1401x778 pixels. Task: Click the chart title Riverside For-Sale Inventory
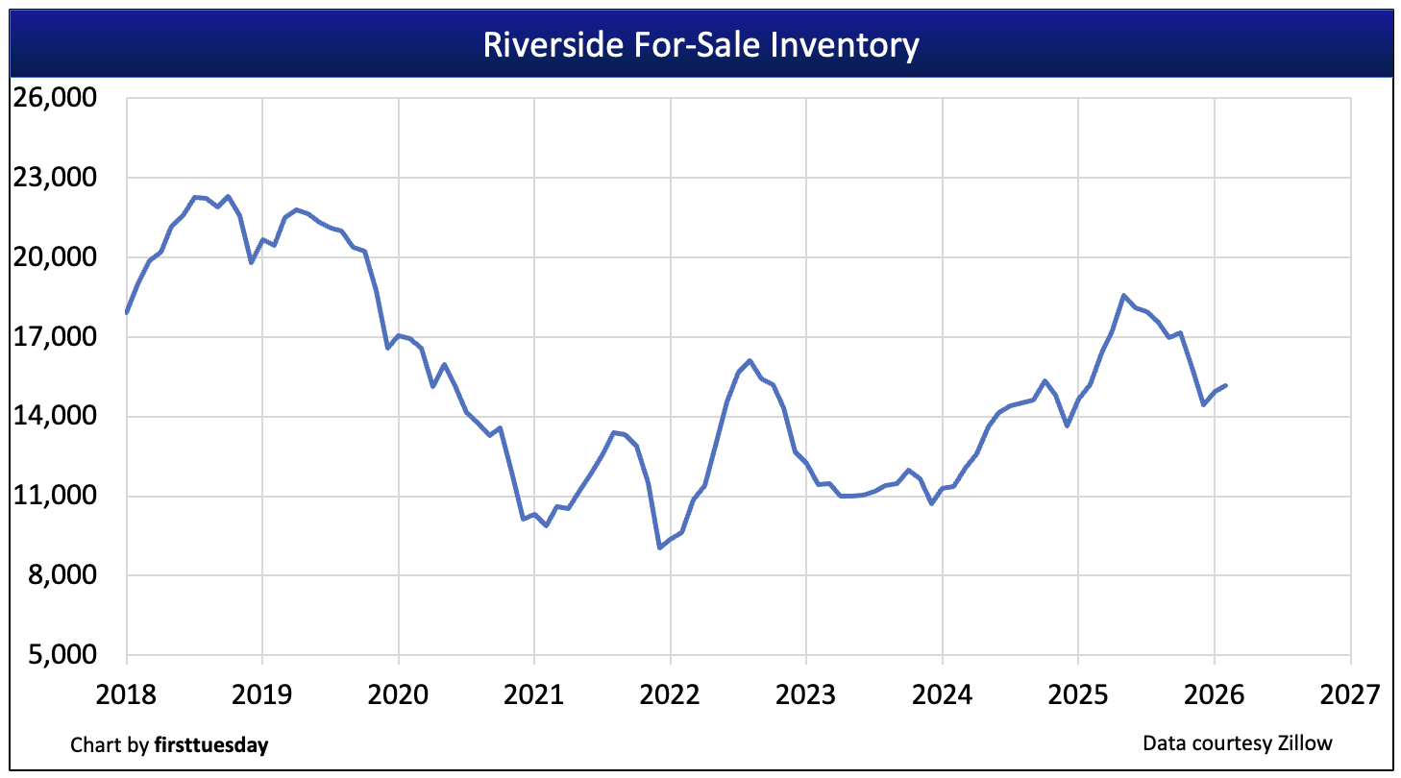point(700,45)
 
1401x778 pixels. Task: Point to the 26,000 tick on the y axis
point(58,99)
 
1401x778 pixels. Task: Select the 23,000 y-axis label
point(58,179)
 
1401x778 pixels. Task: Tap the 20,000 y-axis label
point(58,258)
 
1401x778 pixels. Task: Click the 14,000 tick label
point(58,417)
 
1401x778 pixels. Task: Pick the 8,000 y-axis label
point(64,576)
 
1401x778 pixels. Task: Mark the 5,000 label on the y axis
point(64,655)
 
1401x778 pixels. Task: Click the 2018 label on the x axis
point(127,693)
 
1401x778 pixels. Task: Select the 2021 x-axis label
point(534,693)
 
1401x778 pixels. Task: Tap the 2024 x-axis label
point(943,693)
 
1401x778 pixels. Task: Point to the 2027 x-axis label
point(1350,693)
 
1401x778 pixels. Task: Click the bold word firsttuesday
point(211,744)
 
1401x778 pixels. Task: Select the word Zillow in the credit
point(1305,742)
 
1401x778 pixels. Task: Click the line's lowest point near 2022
point(659,547)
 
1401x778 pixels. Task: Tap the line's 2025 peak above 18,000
point(1123,296)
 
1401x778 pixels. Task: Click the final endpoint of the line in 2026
point(1225,385)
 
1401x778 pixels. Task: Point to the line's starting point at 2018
point(127,312)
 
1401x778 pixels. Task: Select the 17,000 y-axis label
point(58,337)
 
